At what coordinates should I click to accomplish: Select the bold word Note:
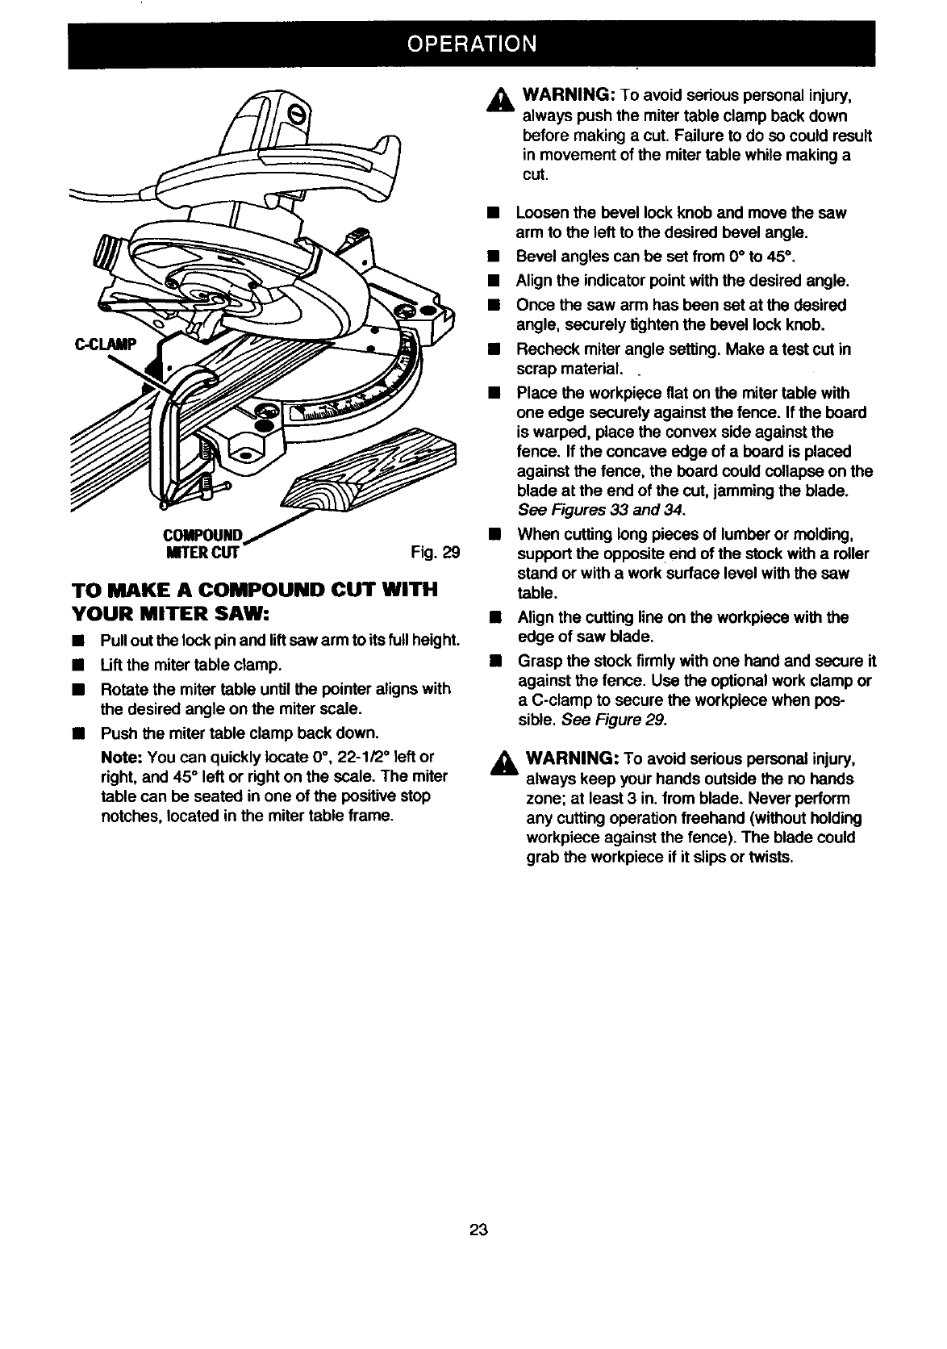tap(122, 757)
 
